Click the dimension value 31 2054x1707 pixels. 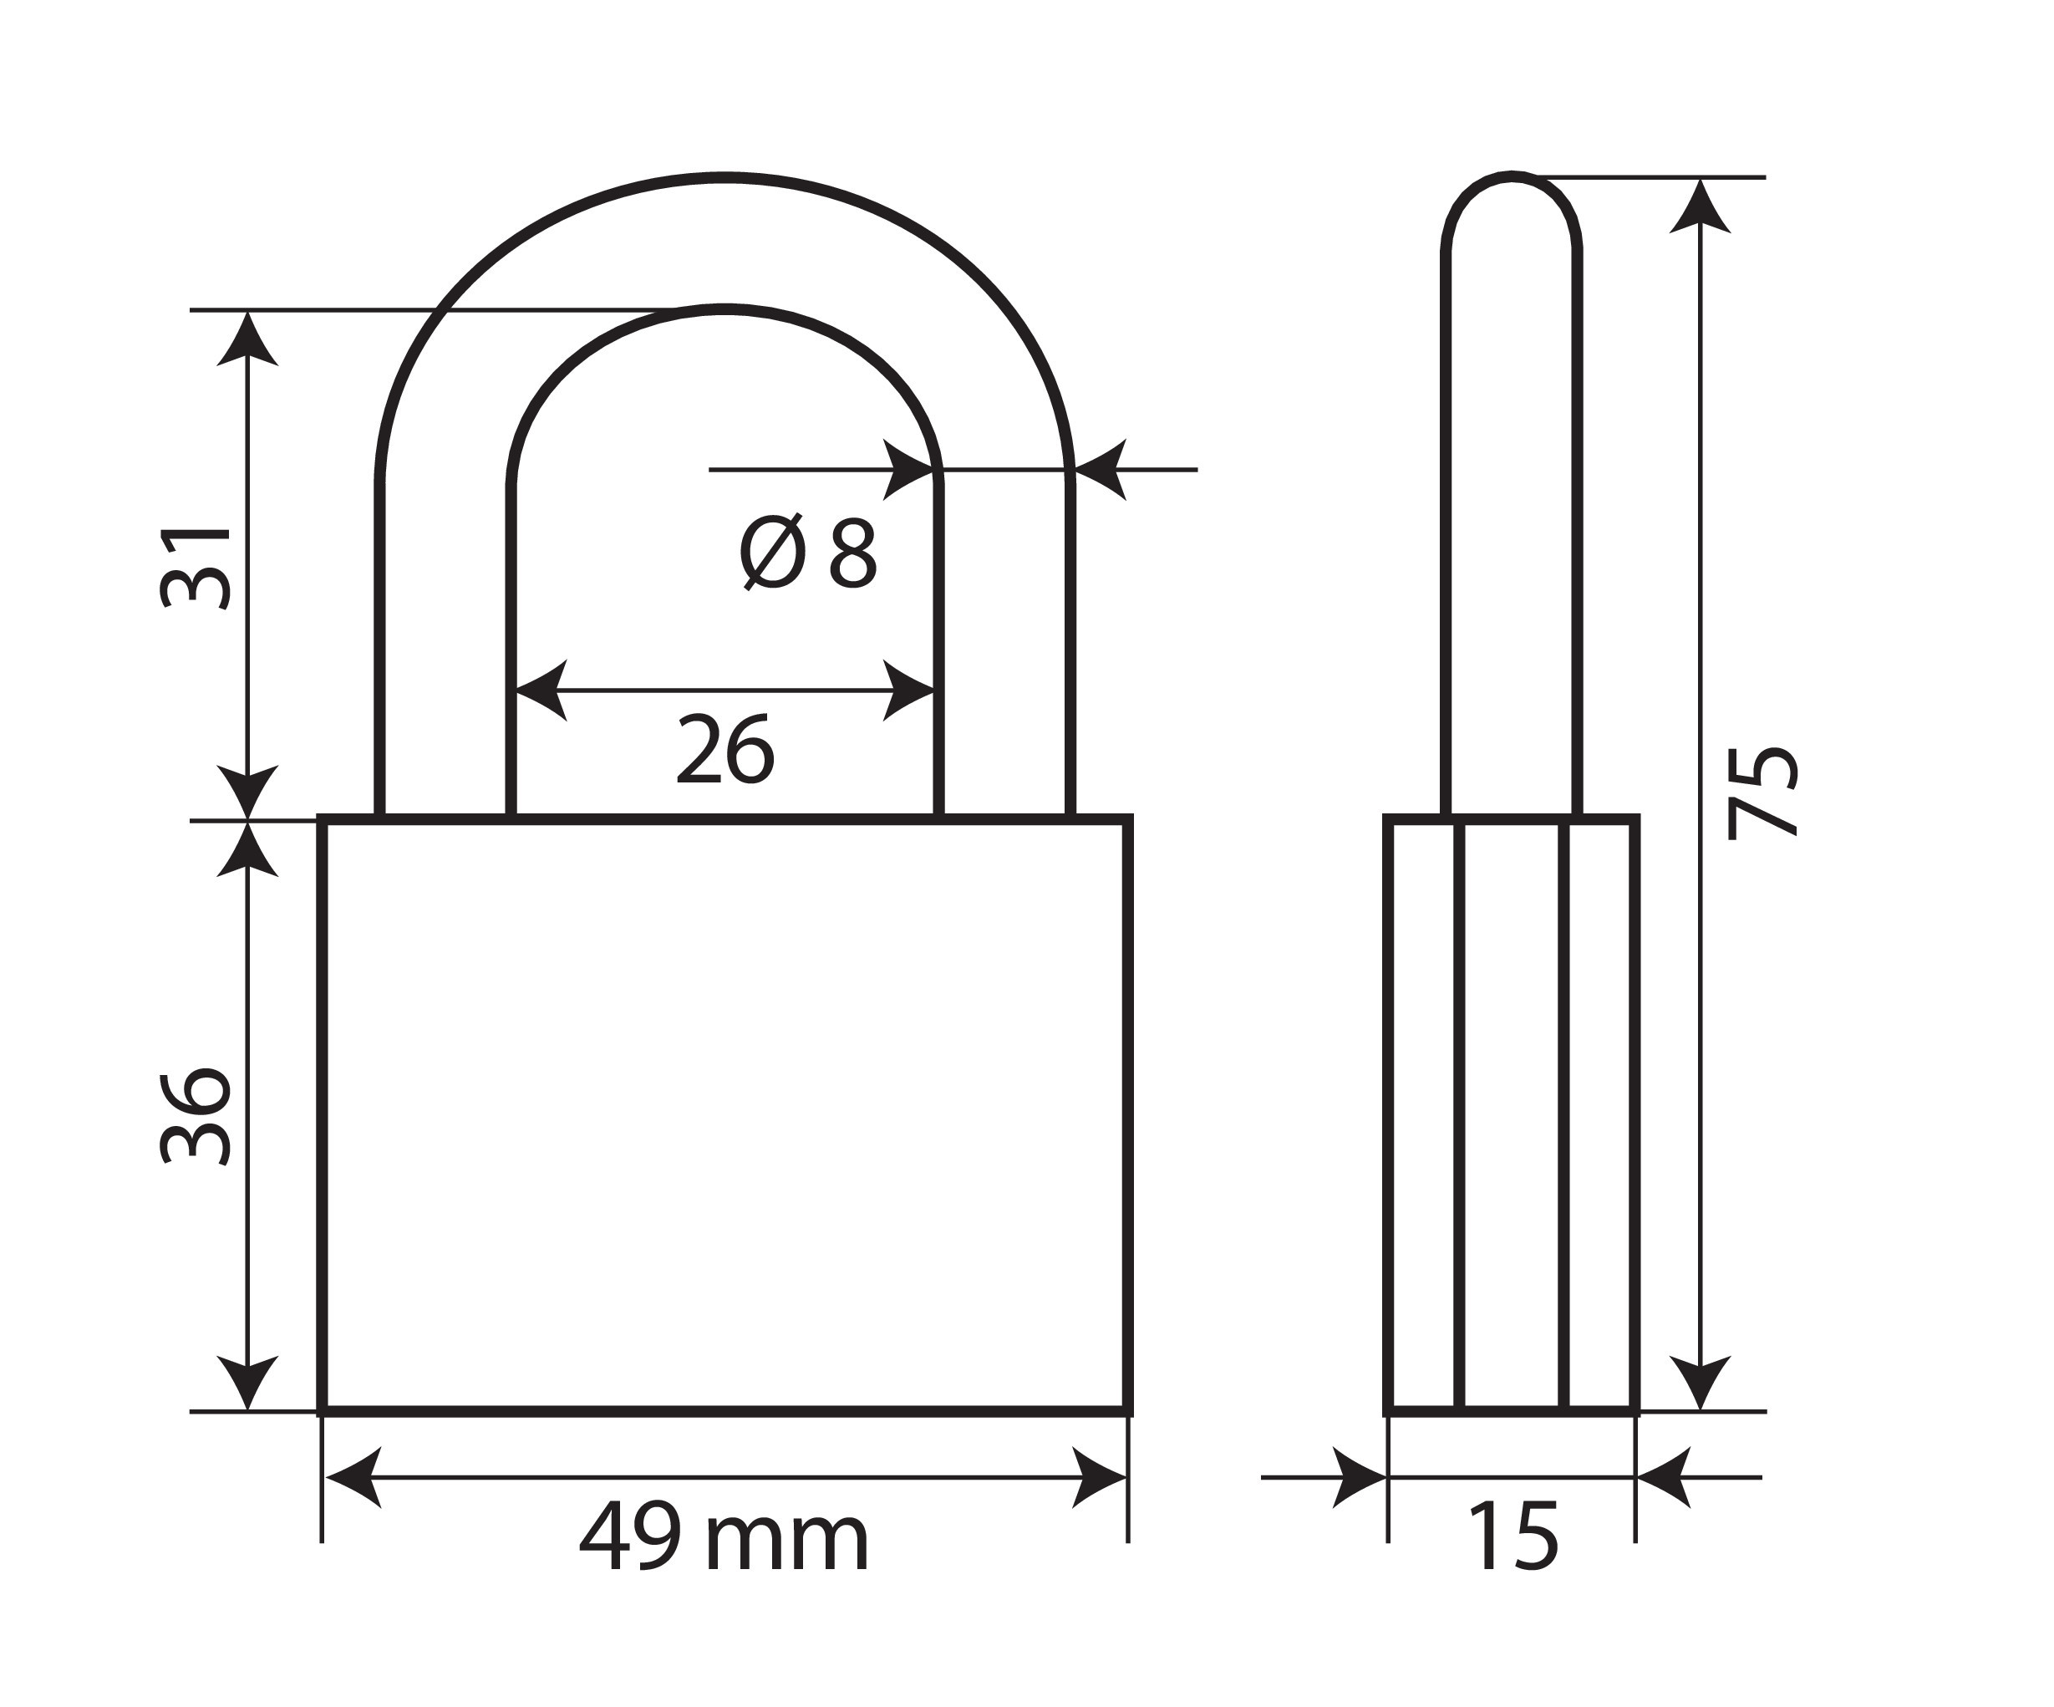coord(196,568)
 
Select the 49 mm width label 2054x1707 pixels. coord(724,1540)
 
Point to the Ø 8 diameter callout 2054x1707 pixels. coord(808,553)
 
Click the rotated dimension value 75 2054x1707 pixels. coord(1762,793)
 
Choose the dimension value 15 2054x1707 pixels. coord(1513,1540)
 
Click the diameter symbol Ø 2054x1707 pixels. coord(772,553)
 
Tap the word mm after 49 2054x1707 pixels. coord(786,1544)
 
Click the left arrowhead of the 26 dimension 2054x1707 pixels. coord(538,690)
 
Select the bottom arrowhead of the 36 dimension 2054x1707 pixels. coord(247,1385)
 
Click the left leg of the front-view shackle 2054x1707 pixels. coord(445,645)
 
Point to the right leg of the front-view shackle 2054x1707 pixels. coord(1004,645)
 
